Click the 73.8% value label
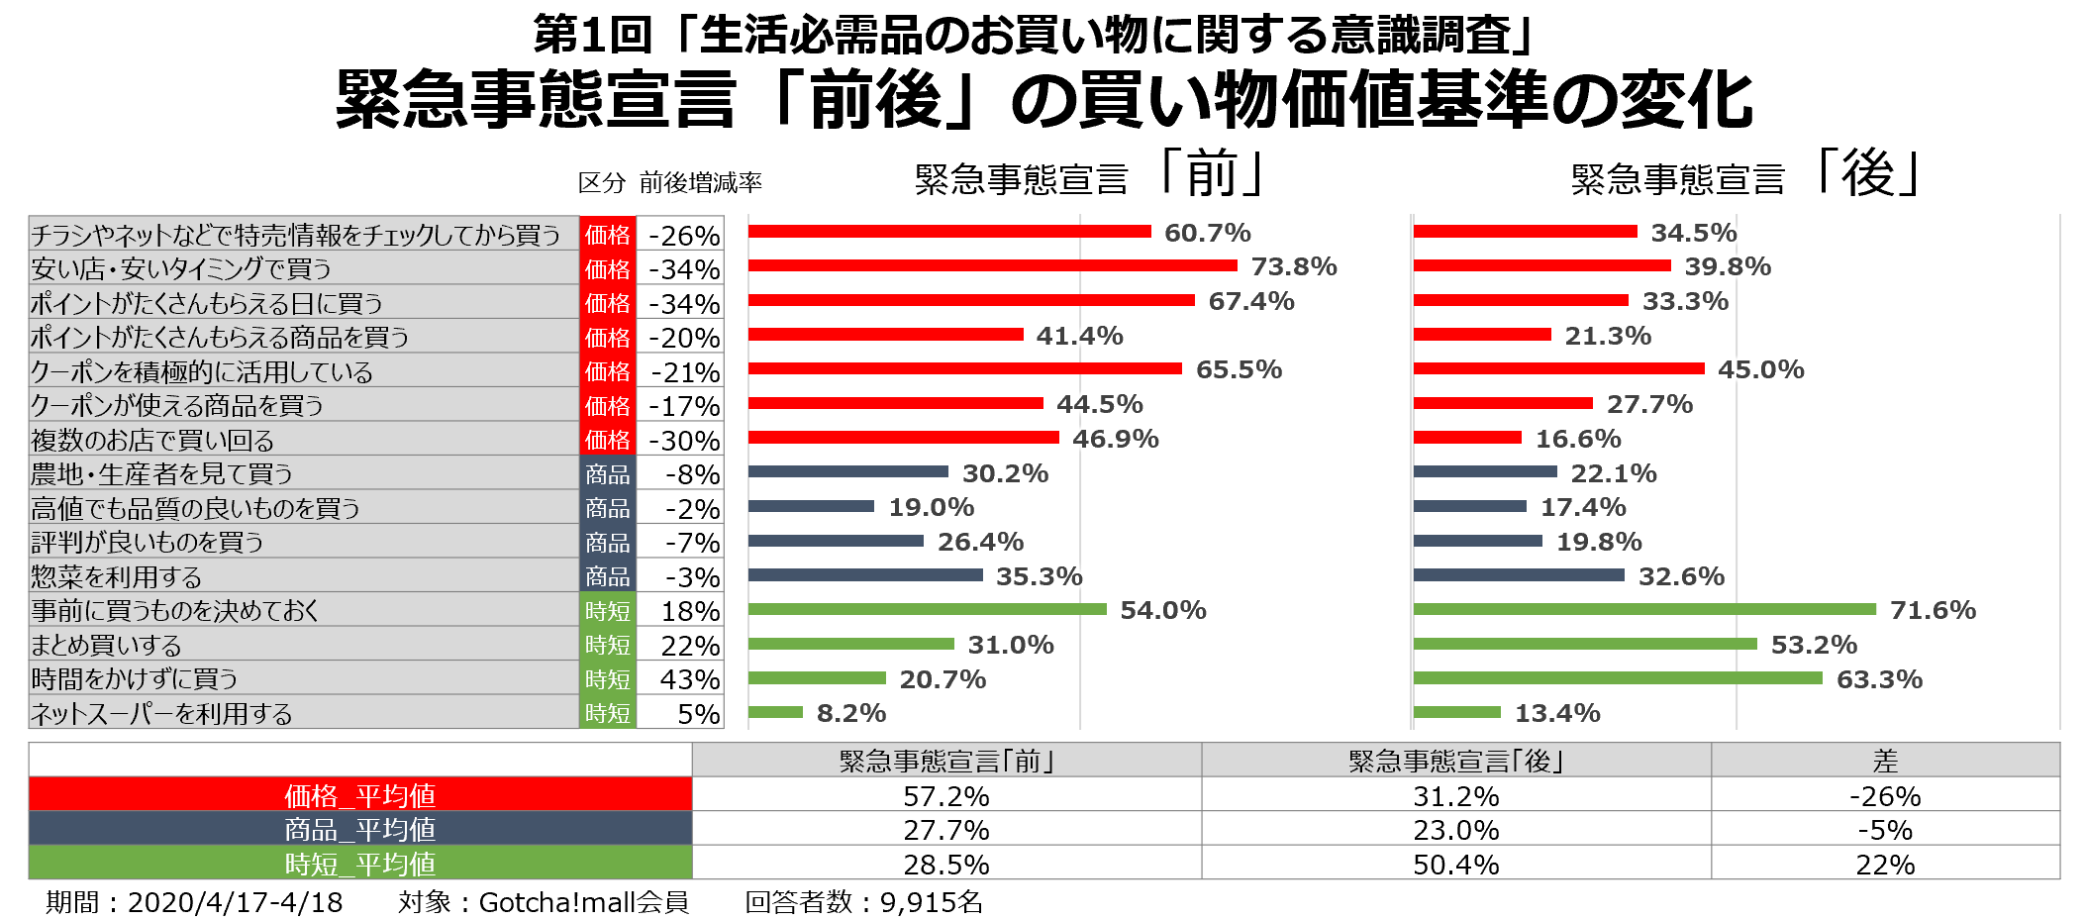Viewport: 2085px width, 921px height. click(x=1293, y=266)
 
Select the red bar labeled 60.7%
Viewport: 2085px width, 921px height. click(x=948, y=232)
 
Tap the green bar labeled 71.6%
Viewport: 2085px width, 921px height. click(x=1643, y=609)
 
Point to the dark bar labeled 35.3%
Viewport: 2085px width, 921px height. click(x=864, y=575)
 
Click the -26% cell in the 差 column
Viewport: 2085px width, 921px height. click(x=1884, y=795)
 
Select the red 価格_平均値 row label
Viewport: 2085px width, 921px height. click(x=359, y=795)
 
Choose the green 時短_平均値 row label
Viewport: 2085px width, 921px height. click(x=359, y=864)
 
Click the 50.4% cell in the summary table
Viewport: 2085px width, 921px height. click(x=1455, y=864)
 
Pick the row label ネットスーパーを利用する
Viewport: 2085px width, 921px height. click(x=162, y=713)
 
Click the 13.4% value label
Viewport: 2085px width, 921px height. click(x=1556, y=713)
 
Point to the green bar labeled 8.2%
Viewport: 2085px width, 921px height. click(x=774, y=712)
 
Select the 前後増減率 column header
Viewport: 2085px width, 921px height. click(x=700, y=182)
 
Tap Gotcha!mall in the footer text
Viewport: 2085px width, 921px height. click(x=556, y=902)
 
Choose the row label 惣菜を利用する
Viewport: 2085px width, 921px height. click(x=117, y=576)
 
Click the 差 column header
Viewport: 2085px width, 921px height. click(x=1884, y=761)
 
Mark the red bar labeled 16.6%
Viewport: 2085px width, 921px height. click(x=1466, y=438)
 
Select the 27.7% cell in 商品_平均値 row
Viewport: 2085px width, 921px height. click(x=945, y=830)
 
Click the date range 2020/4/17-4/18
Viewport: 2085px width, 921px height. click(x=235, y=902)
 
